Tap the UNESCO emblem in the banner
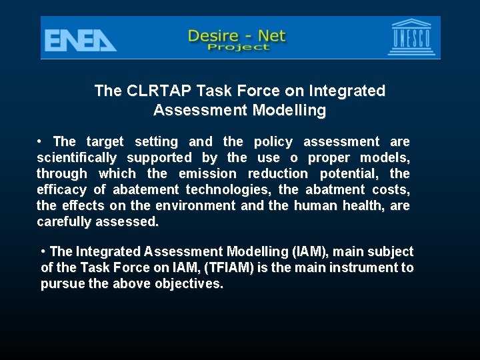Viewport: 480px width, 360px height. [410, 38]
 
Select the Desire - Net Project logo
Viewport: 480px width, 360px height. [237, 39]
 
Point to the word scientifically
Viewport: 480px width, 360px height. [76, 158]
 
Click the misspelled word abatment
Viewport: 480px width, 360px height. [332, 190]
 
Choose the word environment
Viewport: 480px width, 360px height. [192, 206]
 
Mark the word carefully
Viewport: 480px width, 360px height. [62, 222]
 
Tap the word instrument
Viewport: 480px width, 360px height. [364, 268]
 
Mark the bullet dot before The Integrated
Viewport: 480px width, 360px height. [43, 252]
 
